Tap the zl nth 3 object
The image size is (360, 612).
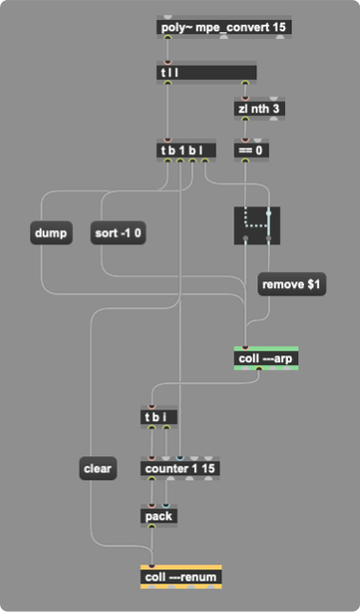[x=259, y=108]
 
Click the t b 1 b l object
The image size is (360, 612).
[x=185, y=150]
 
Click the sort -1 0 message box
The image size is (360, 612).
[x=123, y=232]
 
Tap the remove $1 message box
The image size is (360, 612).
[x=293, y=283]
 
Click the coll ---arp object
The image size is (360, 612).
[x=266, y=359]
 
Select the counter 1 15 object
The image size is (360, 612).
[x=179, y=468]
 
